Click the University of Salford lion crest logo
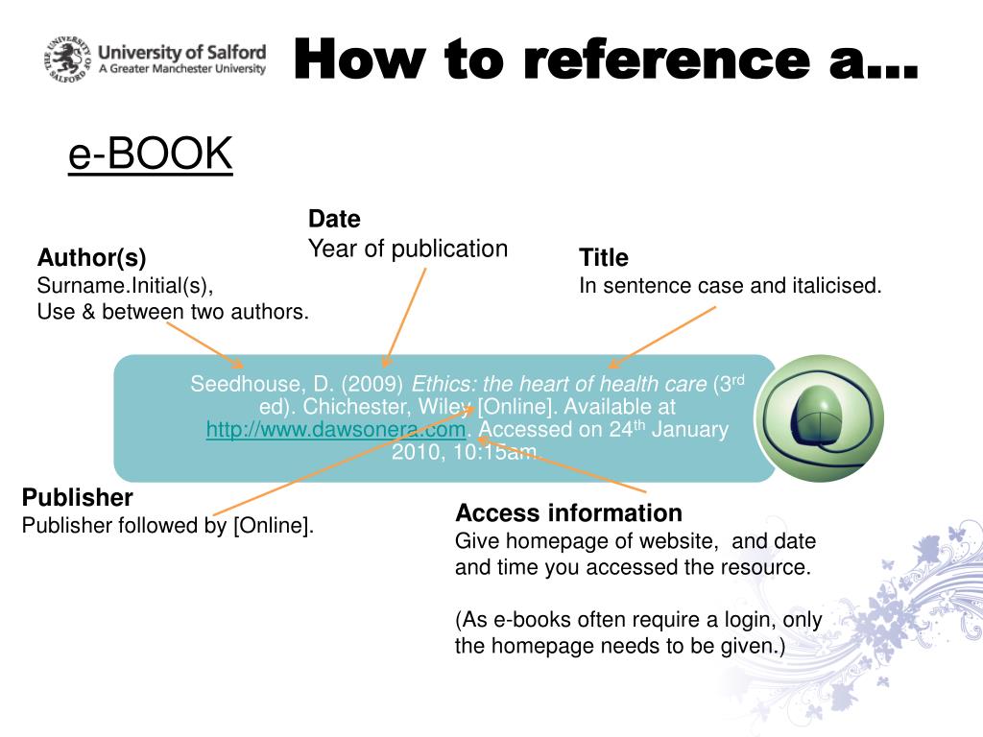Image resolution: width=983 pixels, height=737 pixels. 68,59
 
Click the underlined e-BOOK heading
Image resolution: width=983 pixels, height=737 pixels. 151,155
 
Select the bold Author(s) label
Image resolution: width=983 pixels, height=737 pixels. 91,257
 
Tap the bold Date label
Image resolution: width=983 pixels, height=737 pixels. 334,219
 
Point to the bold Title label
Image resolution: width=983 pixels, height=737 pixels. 604,257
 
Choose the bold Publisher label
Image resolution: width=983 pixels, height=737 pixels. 77,498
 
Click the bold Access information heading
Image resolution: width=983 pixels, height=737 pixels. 568,512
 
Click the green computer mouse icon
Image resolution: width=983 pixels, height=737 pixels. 819,417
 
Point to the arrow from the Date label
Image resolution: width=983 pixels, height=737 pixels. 404,317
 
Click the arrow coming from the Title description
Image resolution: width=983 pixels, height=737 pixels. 662,336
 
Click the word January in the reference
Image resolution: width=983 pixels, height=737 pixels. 689,430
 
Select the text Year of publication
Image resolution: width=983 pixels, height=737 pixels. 407,250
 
